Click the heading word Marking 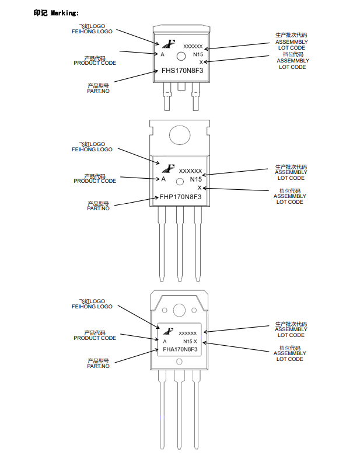pyautogui.click(x=65, y=12)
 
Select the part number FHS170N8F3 pyautogui.click(x=181, y=71)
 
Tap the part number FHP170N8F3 pyautogui.click(x=181, y=197)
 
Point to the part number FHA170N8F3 pyautogui.click(x=179, y=349)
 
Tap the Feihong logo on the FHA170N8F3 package pyautogui.click(x=170, y=330)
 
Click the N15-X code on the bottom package pyautogui.click(x=190, y=341)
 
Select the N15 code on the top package pyautogui.click(x=197, y=54)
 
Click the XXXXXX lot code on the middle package pyautogui.click(x=190, y=171)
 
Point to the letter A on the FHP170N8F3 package pyautogui.click(x=163, y=179)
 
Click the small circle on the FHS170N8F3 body pyautogui.click(x=181, y=56)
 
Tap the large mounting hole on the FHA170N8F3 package pyautogui.click(x=179, y=310)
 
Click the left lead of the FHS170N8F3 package pyautogui.click(x=167, y=96)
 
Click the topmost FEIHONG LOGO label pyautogui.click(x=92, y=32)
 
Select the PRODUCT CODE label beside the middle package pyautogui.click(x=95, y=181)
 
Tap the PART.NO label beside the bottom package pyautogui.click(x=98, y=366)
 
